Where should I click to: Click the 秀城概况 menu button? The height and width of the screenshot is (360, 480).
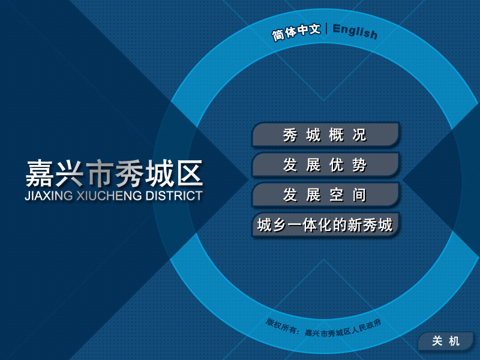(326, 134)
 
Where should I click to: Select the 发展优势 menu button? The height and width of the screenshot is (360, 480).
(326, 164)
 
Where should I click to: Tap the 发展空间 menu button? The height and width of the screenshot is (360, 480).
(326, 194)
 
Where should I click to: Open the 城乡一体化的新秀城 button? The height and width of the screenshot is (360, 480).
(326, 224)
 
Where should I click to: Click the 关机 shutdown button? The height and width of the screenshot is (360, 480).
(446, 341)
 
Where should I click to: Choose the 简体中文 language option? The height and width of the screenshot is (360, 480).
(296, 32)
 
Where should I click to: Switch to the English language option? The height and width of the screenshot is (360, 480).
(355, 31)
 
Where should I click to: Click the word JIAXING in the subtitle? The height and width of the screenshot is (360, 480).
(49, 196)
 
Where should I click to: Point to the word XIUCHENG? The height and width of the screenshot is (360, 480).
(109, 196)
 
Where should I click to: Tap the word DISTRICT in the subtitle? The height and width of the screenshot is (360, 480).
(174, 196)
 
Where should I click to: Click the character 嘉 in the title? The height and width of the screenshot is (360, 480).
(39, 173)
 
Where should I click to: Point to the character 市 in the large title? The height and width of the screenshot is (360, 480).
(100, 173)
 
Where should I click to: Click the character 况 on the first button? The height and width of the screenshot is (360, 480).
(359, 135)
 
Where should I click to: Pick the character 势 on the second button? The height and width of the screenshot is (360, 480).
(359, 165)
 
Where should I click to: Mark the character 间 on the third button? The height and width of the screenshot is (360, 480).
(359, 195)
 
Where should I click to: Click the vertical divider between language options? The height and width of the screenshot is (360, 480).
(326, 29)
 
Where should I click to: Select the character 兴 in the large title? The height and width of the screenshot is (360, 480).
(69, 173)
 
